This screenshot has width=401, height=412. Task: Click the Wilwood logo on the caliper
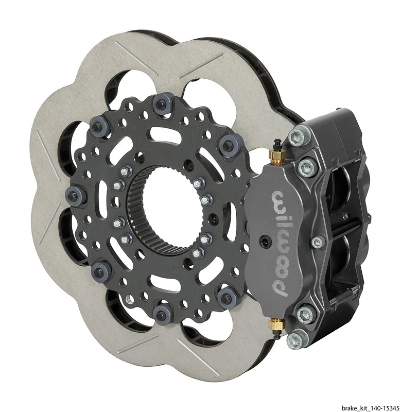(282, 242)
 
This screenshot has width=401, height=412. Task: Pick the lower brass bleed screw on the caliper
(277, 324)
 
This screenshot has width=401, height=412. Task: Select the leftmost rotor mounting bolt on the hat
(75, 196)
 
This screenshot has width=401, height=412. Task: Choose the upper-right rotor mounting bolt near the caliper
(229, 145)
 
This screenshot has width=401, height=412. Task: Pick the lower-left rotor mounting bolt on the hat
(101, 269)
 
